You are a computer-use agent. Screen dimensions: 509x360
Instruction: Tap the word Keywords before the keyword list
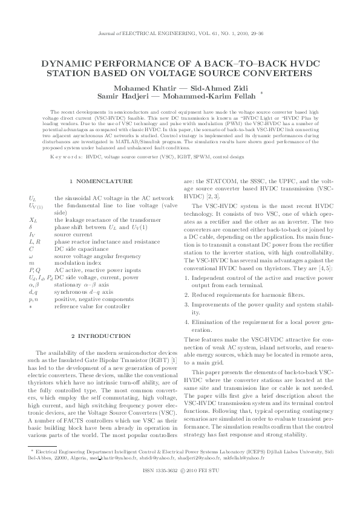[67, 156]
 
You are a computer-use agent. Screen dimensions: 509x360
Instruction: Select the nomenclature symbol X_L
[33, 221]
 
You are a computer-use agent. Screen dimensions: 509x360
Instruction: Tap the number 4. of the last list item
[186, 323]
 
